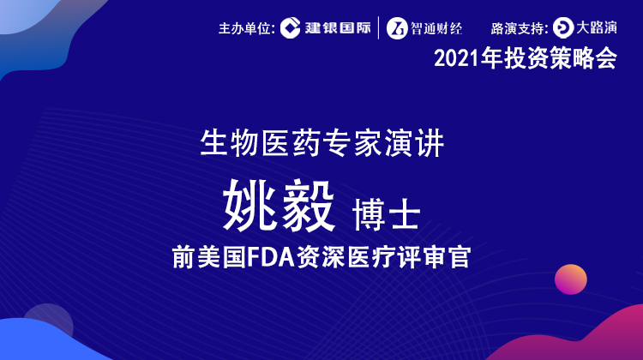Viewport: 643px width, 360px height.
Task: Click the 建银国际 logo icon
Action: [x=291, y=28]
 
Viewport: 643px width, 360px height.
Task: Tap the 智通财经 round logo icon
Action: [x=397, y=28]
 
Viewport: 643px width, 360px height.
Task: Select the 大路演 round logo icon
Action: [x=563, y=28]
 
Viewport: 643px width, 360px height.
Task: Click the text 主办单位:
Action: [x=246, y=28]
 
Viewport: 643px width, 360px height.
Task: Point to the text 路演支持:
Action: [x=520, y=28]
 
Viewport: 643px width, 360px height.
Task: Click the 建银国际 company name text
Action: [x=338, y=28]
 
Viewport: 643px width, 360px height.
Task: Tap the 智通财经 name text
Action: [x=436, y=28]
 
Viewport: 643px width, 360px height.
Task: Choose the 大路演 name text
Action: [x=597, y=27]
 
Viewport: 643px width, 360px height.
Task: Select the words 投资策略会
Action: [x=560, y=58]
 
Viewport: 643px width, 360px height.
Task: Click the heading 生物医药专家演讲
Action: [x=321, y=143]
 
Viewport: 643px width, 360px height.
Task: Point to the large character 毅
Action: [x=309, y=206]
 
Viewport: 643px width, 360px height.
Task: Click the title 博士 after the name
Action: [x=387, y=214]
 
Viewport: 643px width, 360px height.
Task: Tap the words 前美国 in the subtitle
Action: [x=208, y=257]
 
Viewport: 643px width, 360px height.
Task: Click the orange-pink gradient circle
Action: [x=571, y=279]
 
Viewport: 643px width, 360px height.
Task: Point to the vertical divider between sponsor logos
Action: [x=378, y=28]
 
